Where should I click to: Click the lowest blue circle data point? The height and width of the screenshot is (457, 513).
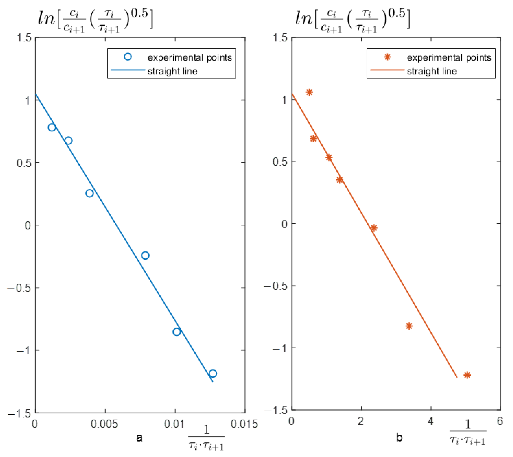(213, 373)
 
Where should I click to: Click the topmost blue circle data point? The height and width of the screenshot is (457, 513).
(52, 127)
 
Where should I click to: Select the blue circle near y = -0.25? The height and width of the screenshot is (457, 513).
(145, 255)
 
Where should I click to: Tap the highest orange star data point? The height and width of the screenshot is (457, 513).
(309, 92)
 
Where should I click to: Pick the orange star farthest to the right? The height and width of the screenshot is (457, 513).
(467, 375)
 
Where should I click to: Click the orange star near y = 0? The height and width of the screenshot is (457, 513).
(374, 228)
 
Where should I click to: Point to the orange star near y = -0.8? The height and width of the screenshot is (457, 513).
(409, 326)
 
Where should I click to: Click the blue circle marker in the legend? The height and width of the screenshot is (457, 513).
(128, 57)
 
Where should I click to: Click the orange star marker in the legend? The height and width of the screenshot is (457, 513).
(387, 57)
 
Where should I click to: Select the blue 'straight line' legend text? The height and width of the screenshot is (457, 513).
(172, 71)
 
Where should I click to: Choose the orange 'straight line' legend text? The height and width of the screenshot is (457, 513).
(432, 71)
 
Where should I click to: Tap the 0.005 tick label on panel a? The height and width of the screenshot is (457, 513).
(104, 424)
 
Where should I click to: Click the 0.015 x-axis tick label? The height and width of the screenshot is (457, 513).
(244, 424)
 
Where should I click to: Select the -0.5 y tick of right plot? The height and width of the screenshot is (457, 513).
(276, 286)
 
